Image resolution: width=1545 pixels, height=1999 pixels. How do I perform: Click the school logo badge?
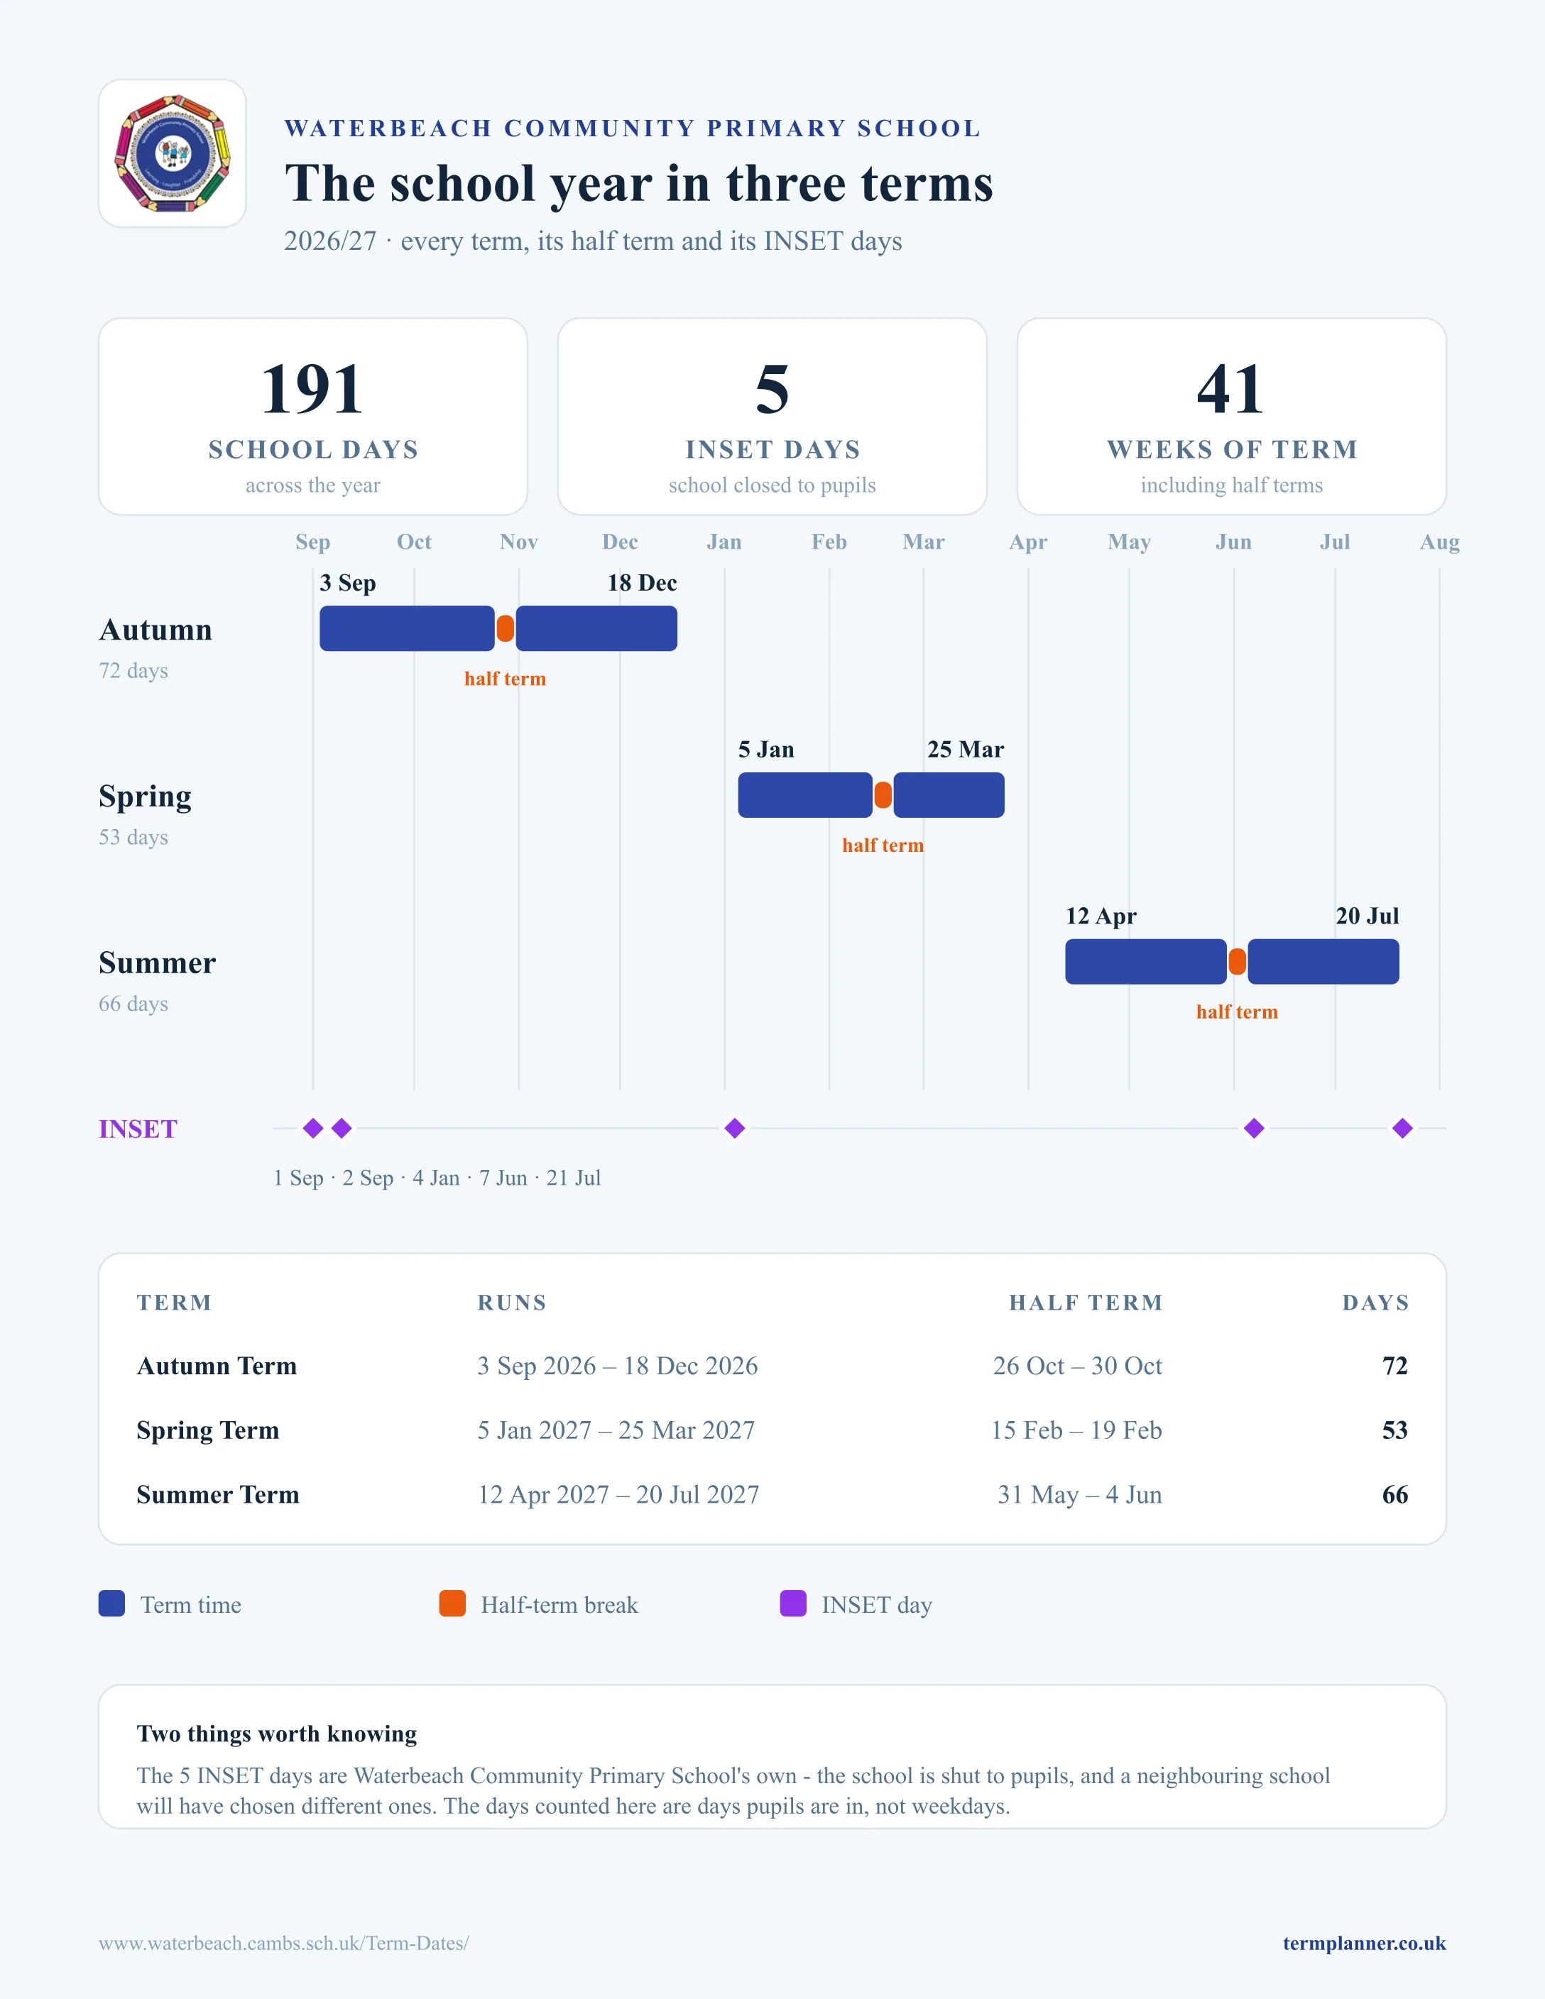coord(172,153)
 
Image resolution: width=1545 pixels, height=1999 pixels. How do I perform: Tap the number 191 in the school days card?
coord(312,389)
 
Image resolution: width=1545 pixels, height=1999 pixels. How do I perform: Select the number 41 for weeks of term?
coord(1231,389)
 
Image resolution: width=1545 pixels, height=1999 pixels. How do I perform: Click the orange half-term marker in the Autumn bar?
coord(506,629)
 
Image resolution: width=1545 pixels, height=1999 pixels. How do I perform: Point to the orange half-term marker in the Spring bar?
coord(883,794)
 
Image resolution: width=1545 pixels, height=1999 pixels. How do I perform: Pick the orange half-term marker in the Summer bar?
coord(1238,962)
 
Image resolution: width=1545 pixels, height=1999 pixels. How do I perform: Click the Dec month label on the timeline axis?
coord(620,542)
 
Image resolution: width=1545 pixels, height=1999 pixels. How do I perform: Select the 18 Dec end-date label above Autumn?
coord(642,583)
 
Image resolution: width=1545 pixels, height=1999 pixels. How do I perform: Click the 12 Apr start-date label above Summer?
coord(1101,916)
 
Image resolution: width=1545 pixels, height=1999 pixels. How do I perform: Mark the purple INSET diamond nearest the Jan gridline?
coord(734,1129)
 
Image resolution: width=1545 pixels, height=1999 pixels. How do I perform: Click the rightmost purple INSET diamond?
coord(1402,1129)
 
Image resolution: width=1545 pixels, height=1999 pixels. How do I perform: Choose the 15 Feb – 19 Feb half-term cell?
coord(1076,1430)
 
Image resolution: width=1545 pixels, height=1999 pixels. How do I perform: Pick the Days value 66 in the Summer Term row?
coord(1395,1495)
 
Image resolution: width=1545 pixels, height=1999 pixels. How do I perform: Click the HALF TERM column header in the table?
coord(1086,1303)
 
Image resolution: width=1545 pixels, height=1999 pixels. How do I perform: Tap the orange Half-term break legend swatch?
coord(452,1604)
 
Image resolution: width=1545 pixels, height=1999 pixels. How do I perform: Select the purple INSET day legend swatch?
coord(792,1604)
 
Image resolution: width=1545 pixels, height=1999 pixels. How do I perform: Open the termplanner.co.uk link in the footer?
coord(1364,1943)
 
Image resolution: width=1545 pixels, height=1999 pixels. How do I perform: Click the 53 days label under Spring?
coord(133,838)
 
